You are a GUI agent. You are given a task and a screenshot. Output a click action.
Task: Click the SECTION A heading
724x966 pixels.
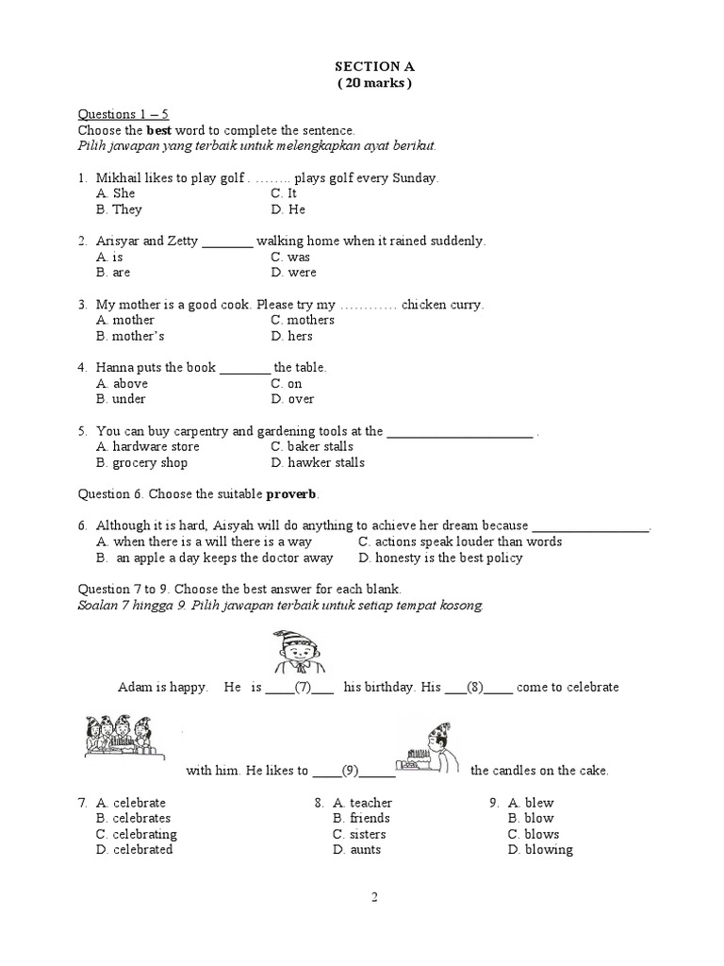[374, 66]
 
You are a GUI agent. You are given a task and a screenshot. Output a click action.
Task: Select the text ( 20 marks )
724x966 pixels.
[374, 82]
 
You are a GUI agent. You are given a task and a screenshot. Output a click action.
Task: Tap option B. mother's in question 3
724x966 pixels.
[130, 336]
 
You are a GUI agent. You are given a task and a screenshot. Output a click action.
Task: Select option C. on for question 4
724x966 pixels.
[286, 384]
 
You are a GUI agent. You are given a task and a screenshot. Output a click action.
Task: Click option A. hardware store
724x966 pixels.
[148, 446]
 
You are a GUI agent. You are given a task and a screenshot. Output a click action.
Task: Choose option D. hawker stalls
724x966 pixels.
[317, 462]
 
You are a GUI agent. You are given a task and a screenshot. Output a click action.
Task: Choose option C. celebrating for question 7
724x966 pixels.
[136, 834]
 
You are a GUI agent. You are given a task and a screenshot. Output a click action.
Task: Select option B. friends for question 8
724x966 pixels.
[361, 818]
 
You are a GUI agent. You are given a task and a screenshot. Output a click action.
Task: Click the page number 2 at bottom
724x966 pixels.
[374, 897]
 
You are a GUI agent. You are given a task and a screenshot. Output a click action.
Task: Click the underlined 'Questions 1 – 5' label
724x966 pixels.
[123, 114]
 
